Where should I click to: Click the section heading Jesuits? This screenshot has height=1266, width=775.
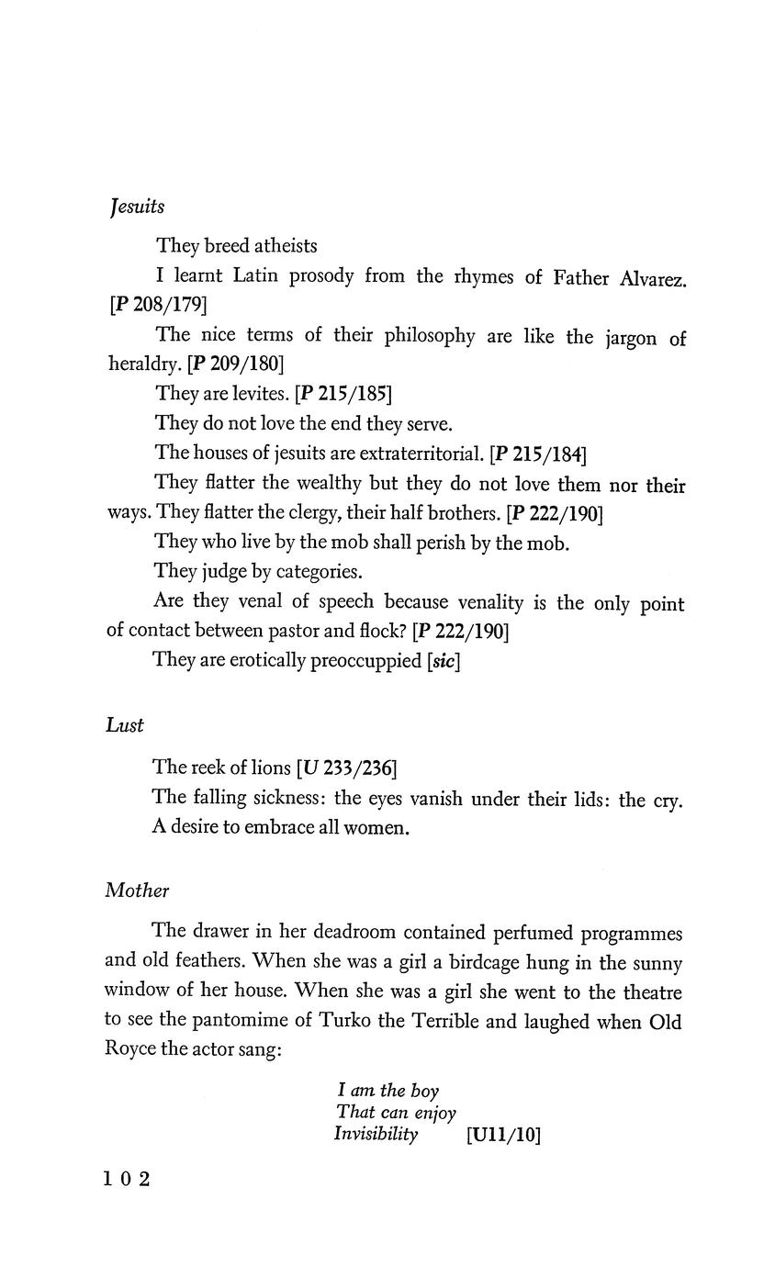point(137,207)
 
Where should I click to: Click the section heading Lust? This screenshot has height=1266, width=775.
point(125,725)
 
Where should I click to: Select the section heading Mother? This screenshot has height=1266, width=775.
point(138,890)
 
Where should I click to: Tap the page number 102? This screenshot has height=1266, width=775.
point(127,1179)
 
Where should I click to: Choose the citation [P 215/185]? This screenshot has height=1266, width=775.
point(343,394)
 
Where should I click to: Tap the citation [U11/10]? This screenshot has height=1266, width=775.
point(503,1135)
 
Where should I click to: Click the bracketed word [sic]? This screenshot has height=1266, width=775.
point(444,661)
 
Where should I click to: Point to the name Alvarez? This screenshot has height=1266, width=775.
point(653,277)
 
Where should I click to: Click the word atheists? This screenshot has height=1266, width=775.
point(286,246)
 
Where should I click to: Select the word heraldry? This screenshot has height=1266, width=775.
point(144,364)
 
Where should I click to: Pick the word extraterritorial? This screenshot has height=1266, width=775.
point(421,453)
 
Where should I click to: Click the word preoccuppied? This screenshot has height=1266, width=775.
point(368,661)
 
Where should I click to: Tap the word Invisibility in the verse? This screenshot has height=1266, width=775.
point(376,1135)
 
